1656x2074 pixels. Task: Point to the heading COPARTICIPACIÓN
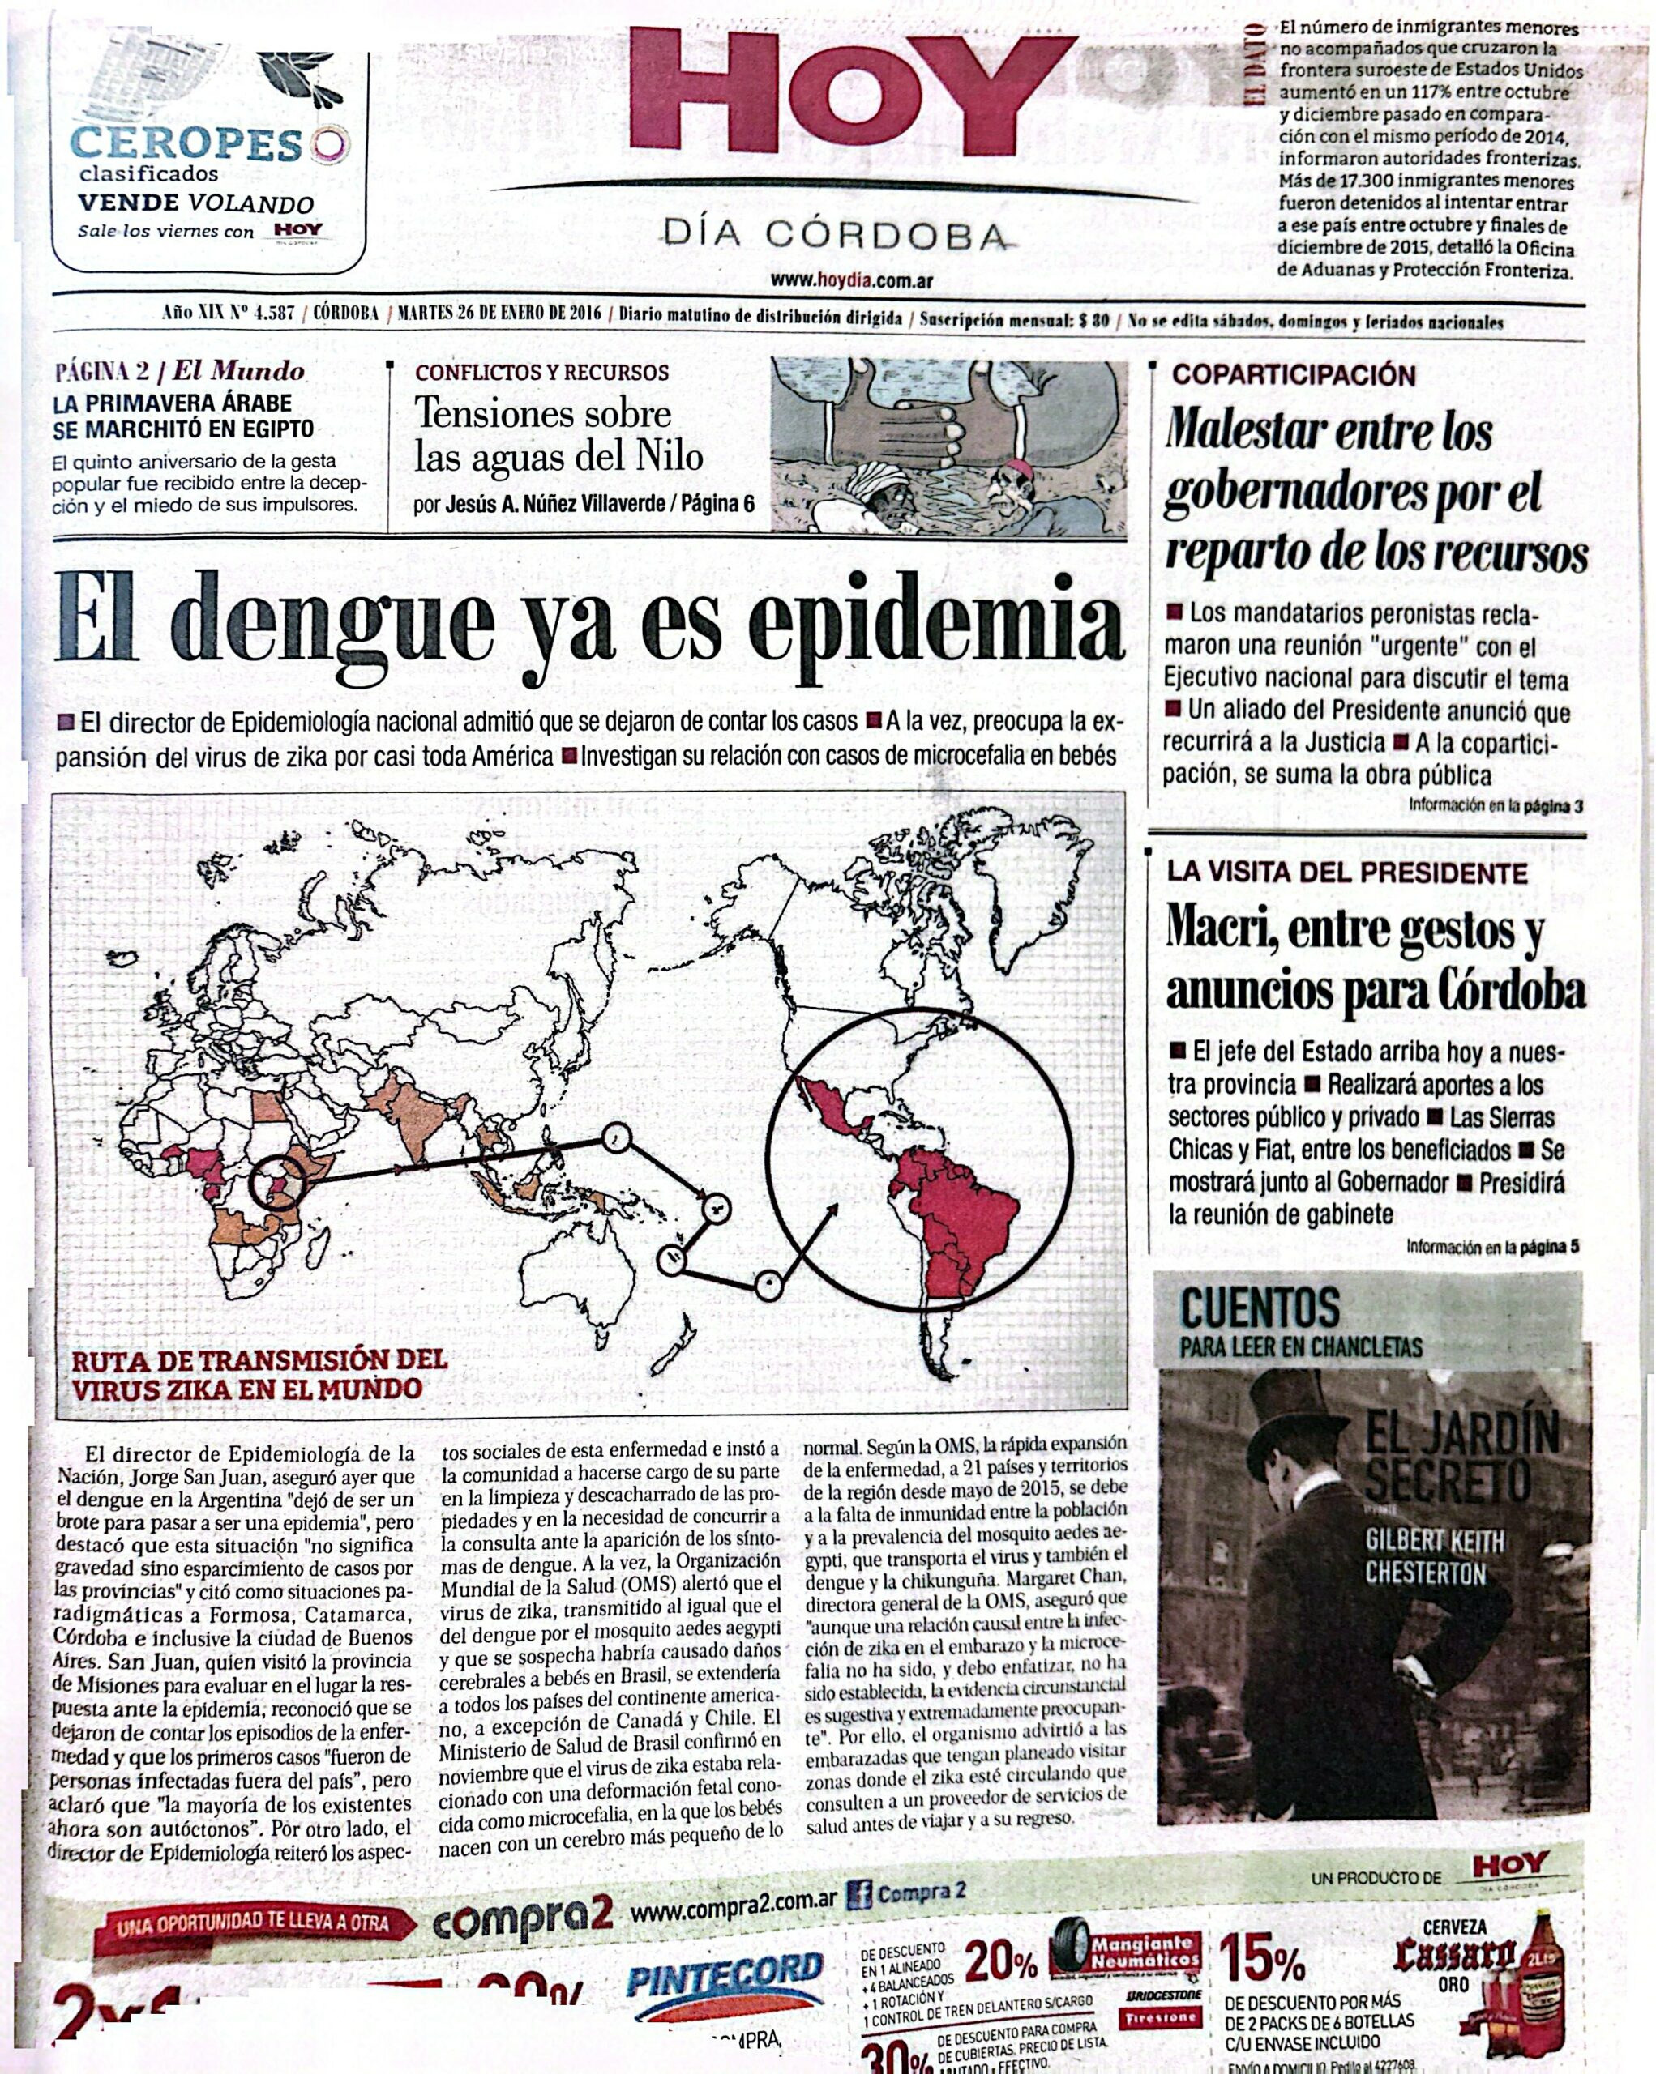click(x=1292, y=375)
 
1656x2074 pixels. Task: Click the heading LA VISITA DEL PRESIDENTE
click(x=1347, y=873)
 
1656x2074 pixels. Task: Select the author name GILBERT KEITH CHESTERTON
click(x=1434, y=1559)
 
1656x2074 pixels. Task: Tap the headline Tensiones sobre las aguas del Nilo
click(x=558, y=435)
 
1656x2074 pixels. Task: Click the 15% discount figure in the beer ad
click(x=1261, y=1957)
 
